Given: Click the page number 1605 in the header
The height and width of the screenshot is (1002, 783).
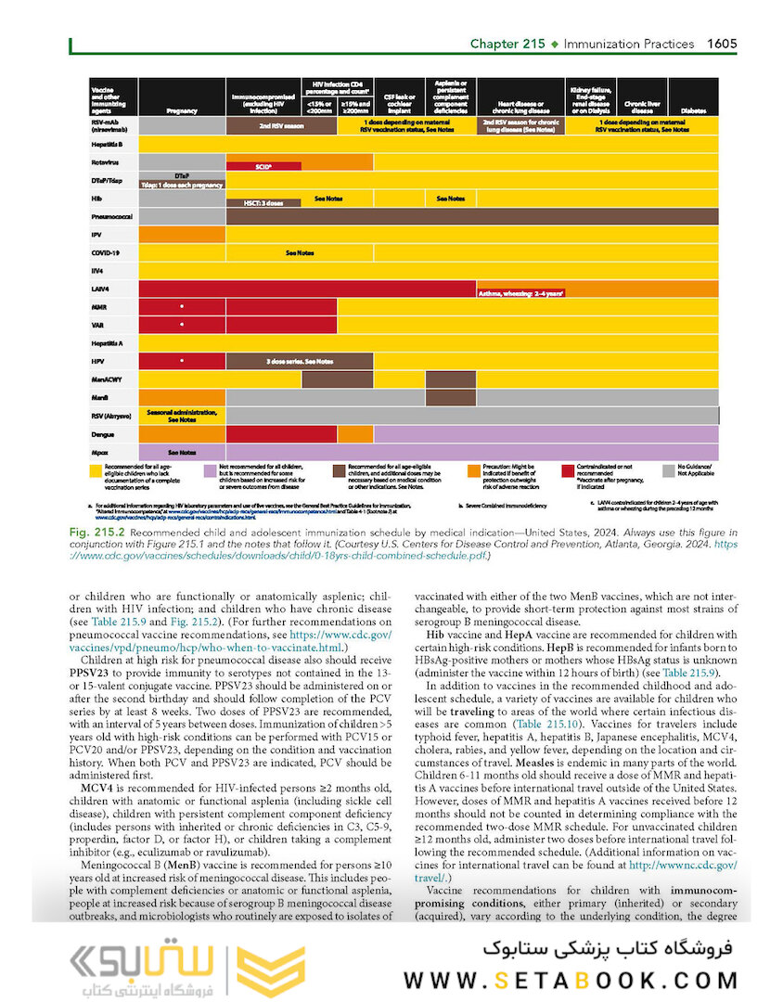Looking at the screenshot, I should coord(723,44).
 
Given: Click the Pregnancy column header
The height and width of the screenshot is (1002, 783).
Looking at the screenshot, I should coord(182,109).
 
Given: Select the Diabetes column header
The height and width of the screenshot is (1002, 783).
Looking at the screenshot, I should coord(692,109).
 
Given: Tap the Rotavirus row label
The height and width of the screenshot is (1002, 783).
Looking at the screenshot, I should coord(104,161).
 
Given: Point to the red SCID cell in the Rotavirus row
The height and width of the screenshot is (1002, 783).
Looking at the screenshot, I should coord(263,167).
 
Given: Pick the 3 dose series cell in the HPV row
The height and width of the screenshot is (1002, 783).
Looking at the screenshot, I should coord(300,360).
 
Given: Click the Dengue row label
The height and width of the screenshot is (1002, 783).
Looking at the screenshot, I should coord(102,433).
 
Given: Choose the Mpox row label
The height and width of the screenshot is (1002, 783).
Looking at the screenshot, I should coord(100,451).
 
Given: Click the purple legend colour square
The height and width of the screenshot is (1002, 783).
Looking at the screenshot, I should coord(211,470).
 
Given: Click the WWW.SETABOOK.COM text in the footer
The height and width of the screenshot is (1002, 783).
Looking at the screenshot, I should coord(571,980).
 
